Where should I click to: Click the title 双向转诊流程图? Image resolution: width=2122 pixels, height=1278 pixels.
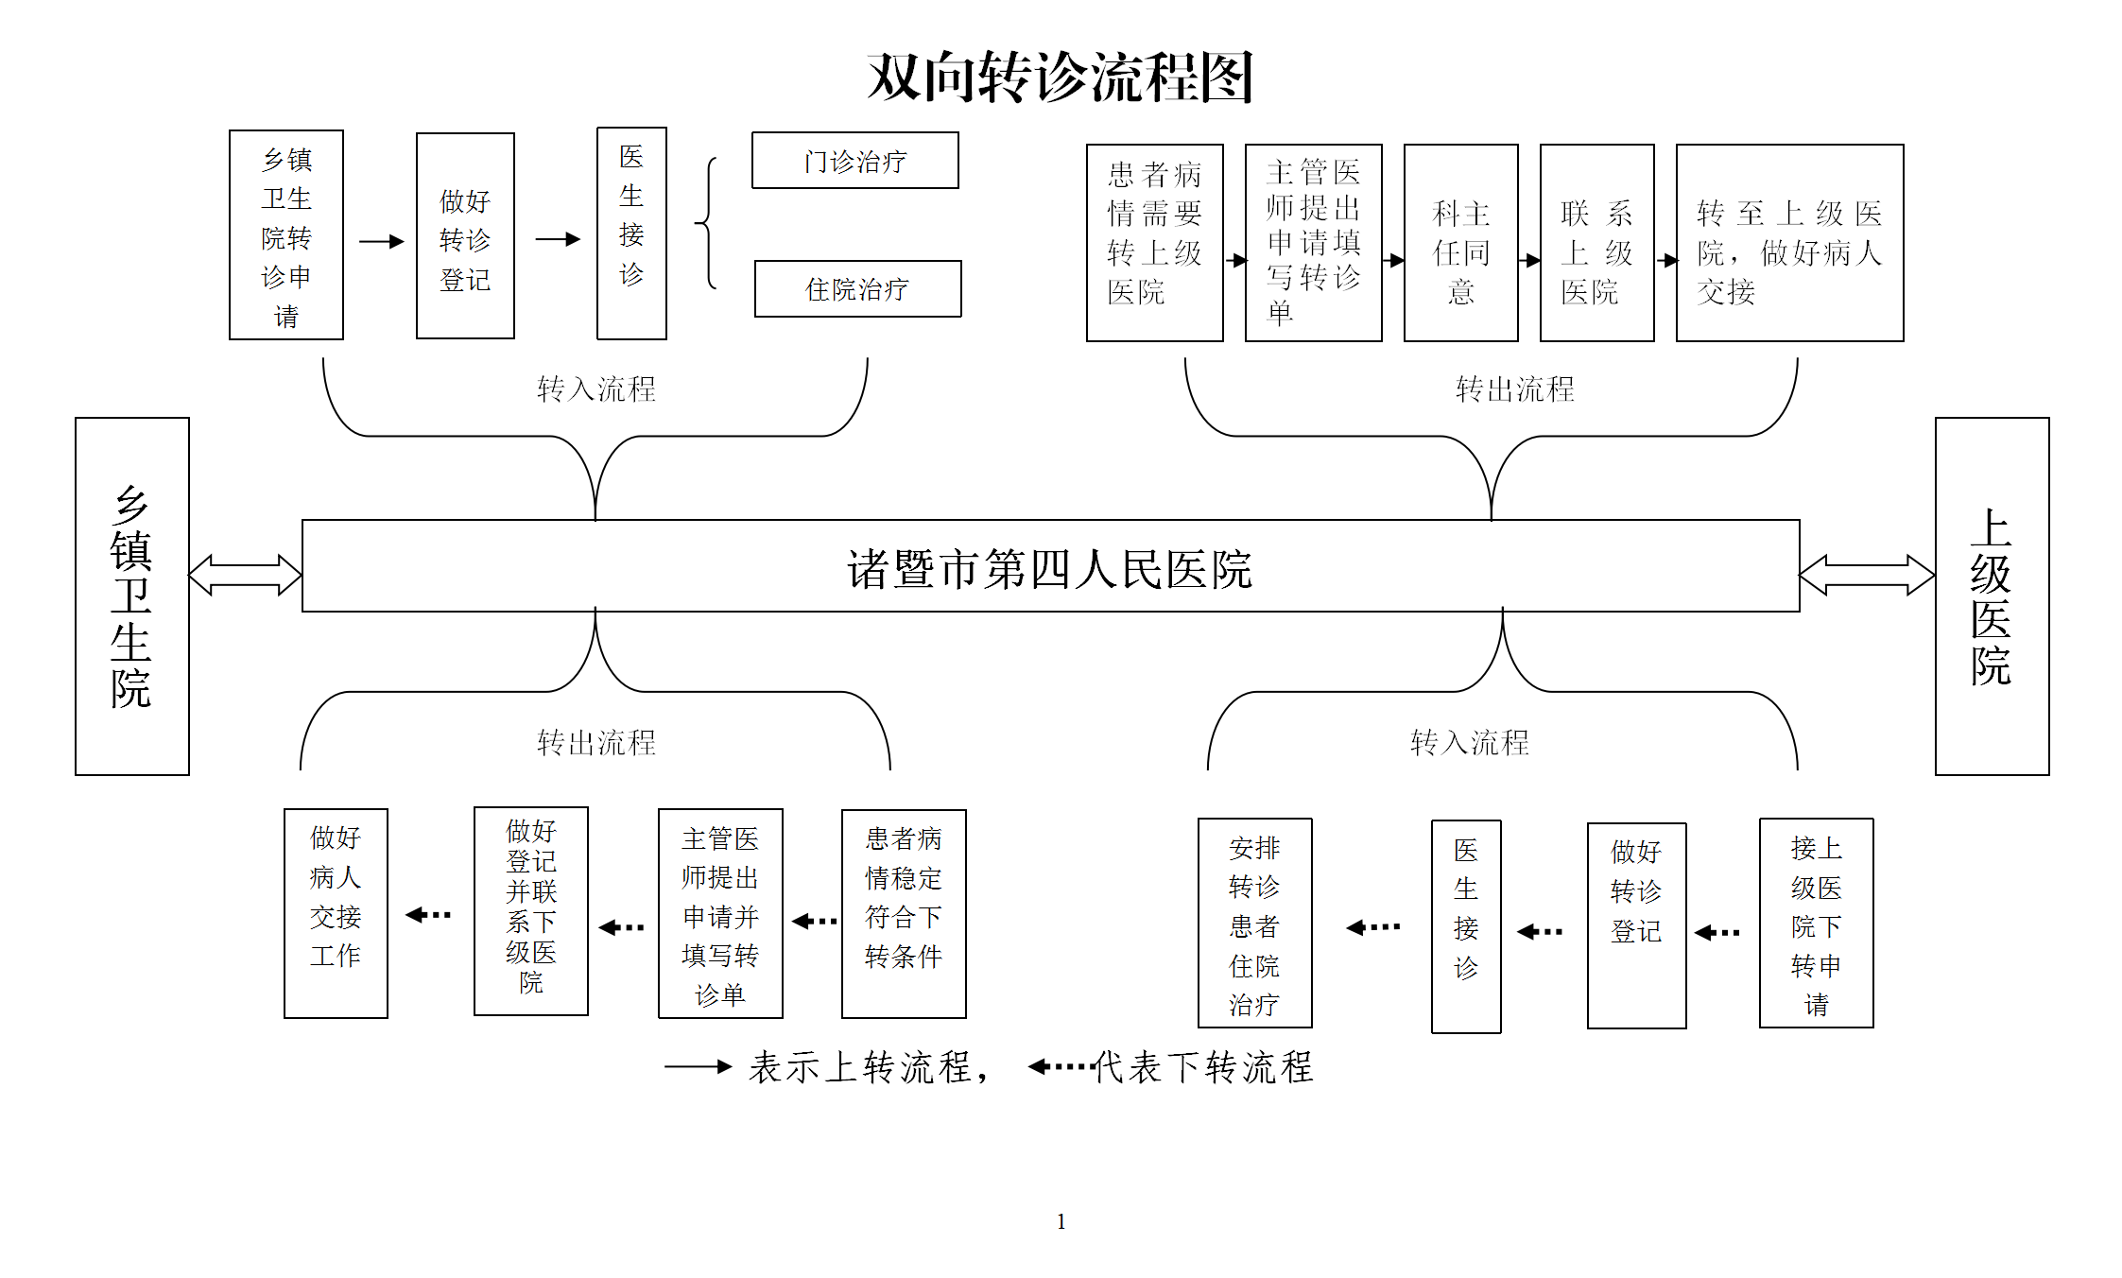click(x=1060, y=78)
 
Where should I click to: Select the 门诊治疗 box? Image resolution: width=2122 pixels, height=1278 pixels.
click(x=854, y=161)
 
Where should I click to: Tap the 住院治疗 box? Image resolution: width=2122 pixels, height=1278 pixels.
click(x=857, y=288)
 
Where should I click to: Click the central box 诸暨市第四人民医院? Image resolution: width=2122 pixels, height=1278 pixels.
click(x=1049, y=567)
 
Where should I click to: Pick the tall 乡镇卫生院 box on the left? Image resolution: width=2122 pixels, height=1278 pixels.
click(x=131, y=596)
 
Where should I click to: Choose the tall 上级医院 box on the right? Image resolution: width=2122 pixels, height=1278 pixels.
click(x=1991, y=596)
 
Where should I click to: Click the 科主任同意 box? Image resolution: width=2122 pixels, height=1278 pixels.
click(x=1460, y=243)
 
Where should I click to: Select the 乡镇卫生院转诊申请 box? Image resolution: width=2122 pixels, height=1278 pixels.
click(x=286, y=235)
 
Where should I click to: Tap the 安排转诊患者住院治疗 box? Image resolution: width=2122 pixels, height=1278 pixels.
click(x=1254, y=924)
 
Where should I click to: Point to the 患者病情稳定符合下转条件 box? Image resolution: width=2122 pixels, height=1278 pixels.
click(x=904, y=913)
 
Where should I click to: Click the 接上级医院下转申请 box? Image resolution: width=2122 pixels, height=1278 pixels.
click(x=1816, y=924)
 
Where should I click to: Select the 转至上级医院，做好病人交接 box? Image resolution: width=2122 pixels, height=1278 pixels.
click(x=1789, y=243)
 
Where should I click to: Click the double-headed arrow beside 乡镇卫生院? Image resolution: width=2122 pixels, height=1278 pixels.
click(x=245, y=575)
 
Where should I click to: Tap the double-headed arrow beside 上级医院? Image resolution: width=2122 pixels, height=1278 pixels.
click(x=1867, y=575)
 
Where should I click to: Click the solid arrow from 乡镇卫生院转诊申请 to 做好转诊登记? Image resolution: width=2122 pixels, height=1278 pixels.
click(x=381, y=242)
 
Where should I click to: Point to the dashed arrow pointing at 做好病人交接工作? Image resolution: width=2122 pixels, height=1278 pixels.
click(x=428, y=915)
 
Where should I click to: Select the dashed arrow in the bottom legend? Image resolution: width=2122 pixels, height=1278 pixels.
click(x=1060, y=1067)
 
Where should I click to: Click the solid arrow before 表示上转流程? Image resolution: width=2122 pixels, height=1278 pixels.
click(x=698, y=1067)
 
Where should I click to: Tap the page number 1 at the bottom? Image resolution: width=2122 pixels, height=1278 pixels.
click(x=1061, y=1221)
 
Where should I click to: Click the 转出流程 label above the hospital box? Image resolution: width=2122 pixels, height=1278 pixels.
click(x=1514, y=389)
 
